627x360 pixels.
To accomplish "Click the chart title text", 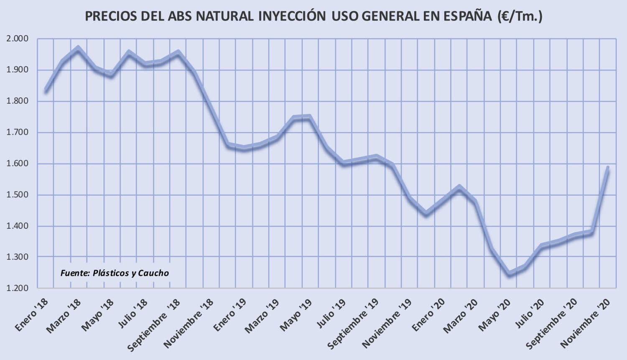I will pos(313,16).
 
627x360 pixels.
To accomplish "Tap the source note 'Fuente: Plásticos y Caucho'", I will pos(115,273).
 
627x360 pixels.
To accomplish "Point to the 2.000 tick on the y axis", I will pos(18,39).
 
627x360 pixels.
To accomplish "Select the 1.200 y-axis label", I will pos(18,289).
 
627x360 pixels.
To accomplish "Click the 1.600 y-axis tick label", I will pos(18,164).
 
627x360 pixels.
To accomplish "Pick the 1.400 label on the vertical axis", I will pos(18,226).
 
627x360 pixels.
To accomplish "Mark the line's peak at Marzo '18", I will pos(78,48).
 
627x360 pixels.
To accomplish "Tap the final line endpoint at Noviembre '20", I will pos(608,168).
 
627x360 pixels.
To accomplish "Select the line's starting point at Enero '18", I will pos(46,91).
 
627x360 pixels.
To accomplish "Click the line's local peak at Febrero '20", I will pos(459,187).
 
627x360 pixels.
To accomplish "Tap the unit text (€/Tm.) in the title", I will pos(520,16).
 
